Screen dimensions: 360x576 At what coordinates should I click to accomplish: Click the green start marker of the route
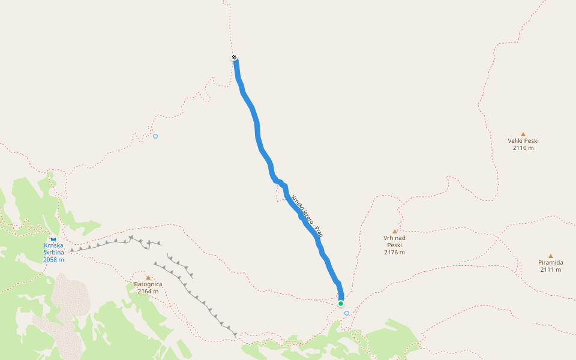coord(340,303)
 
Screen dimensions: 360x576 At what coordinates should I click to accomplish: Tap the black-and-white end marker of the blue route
coord(234,58)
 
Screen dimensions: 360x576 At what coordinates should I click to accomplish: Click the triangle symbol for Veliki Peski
coord(523,134)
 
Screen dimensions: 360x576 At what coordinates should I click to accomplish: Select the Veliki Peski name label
coord(523,141)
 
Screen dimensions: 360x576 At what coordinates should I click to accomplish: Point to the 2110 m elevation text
coord(523,148)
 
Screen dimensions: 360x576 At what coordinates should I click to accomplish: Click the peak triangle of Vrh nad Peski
coord(395,231)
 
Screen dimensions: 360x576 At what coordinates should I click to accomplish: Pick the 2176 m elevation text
coord(394,253)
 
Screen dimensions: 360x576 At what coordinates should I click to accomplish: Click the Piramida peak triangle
coord(550,256)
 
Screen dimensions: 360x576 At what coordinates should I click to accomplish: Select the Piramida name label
coord(550,263)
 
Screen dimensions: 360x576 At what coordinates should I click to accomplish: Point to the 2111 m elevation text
coord(550,269)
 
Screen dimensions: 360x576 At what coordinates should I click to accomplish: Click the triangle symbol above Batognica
coord(148,277)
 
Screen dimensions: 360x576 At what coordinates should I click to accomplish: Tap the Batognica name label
coord(148,284)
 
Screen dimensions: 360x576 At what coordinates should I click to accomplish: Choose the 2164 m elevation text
coord(148,292)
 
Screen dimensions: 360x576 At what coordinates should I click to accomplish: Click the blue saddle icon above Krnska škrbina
coord(53,239)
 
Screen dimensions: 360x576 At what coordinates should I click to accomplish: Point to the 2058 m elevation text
coord(53,259)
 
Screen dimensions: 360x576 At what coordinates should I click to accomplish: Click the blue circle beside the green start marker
coord(347,313)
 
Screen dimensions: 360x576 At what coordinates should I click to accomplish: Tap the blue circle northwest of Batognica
coord(155,136)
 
